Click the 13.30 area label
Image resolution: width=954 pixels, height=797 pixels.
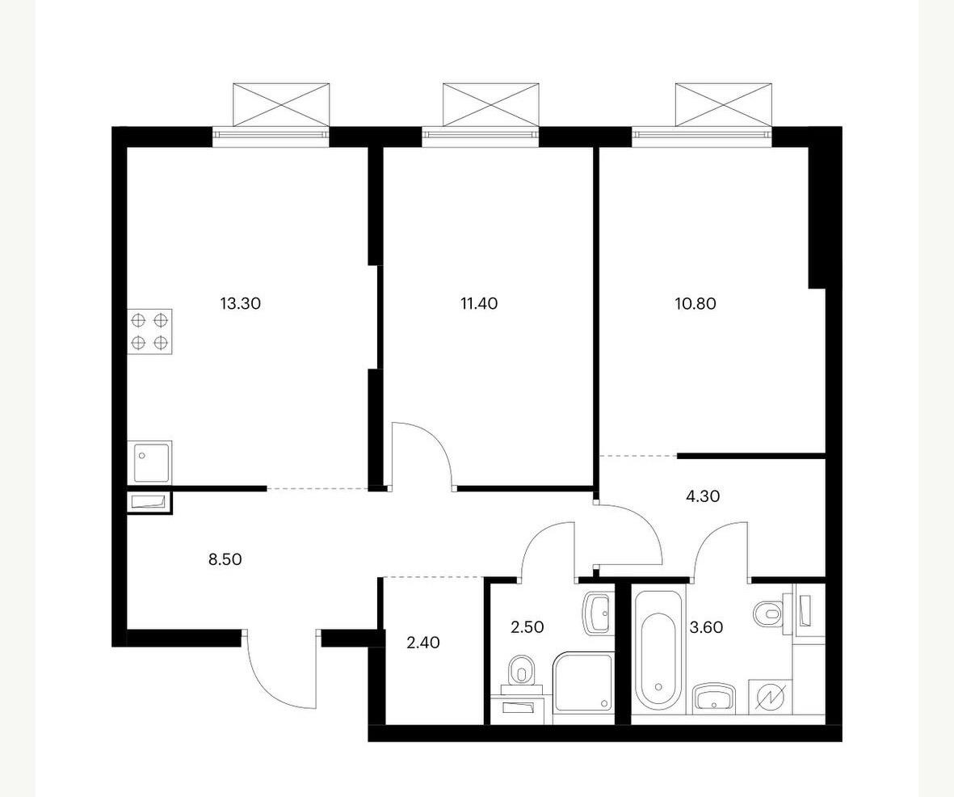[x=241, y=303]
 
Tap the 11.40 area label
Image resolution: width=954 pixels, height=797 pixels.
[x=479, y=303]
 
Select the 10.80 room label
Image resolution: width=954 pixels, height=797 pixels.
[x=696, y=303]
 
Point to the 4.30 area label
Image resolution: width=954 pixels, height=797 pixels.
[x=703, y=497]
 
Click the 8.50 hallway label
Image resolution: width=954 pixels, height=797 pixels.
[x=225, y=559]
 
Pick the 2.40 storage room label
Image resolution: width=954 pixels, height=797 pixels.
[x=422, y=643]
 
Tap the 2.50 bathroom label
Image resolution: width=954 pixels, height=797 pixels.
[x=527, y=626]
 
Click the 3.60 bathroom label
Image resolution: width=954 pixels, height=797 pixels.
[x=706, y=626]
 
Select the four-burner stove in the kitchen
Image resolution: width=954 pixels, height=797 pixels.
[x=149, y=331]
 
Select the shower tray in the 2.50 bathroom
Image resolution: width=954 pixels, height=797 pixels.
[x=583, y=682]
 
